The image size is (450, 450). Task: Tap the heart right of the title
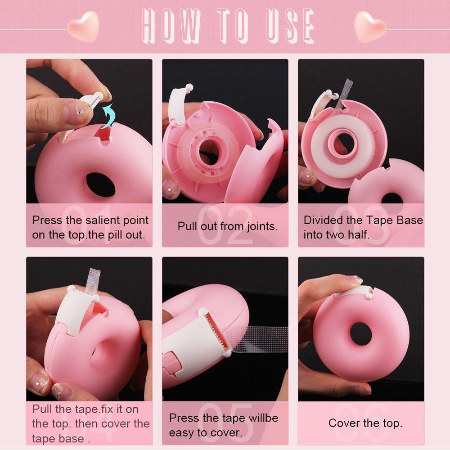tap(370, 26)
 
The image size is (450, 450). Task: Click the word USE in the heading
tap(288, 26)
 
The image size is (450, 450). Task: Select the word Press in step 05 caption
tap(184, 418)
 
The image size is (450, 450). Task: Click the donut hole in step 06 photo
tap(361, 333)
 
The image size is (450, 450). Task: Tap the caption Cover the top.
tap(365, 423)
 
